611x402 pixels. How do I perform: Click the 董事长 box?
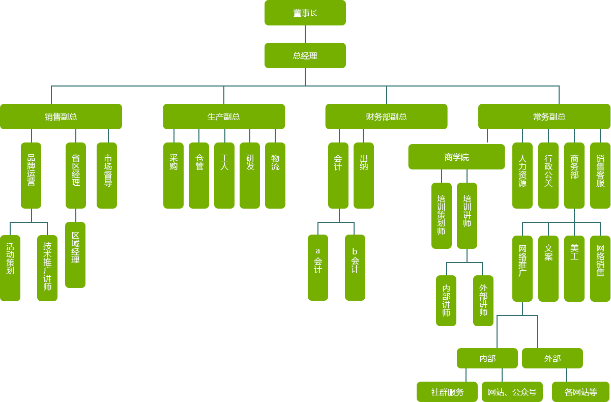pyautogui.click(x=305, y=13)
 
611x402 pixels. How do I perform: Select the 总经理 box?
pyautogui.click(x=305, y=55)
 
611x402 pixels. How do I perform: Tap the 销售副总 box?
pyautogui.click(x=61, y=116)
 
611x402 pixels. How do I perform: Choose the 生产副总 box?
pyautogui.click(x=224, y=116)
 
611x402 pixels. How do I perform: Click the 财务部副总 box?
pyautogui.click(x=386, y=116)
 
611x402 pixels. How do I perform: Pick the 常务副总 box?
pyautogui.click(x=544, y=116)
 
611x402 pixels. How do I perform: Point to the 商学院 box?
pyautogui.click(x=456, y=157)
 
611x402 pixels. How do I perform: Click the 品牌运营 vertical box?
pyautogui.click(x=31, y=175)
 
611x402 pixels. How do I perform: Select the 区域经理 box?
pyautogui.click(x=75, y=254)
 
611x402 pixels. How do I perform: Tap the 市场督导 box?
pyautogui.click(x=107, y=175)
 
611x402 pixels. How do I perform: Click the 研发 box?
pyautogui.click(x=249, y=175)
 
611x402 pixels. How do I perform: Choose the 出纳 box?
pyautogui.click(x=363, y=175)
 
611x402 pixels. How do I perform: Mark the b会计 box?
pyautogui.click(x=355, y=267)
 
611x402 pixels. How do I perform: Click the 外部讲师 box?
pyautogui.click(x=483, y=300)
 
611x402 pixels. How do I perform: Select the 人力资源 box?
pyautogui.click(x=522, y=175)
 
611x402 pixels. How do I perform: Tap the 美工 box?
pyautogui.click(x=574, y=268)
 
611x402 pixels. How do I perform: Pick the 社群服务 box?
pyautogui.click(x=447, y=391)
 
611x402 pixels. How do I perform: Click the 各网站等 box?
pyautogui.click(x=580, y=391)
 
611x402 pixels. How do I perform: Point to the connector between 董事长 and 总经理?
pyautogui.click(x=305, y=34)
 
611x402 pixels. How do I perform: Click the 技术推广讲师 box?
pyautogui.click(x=47, y=268)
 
